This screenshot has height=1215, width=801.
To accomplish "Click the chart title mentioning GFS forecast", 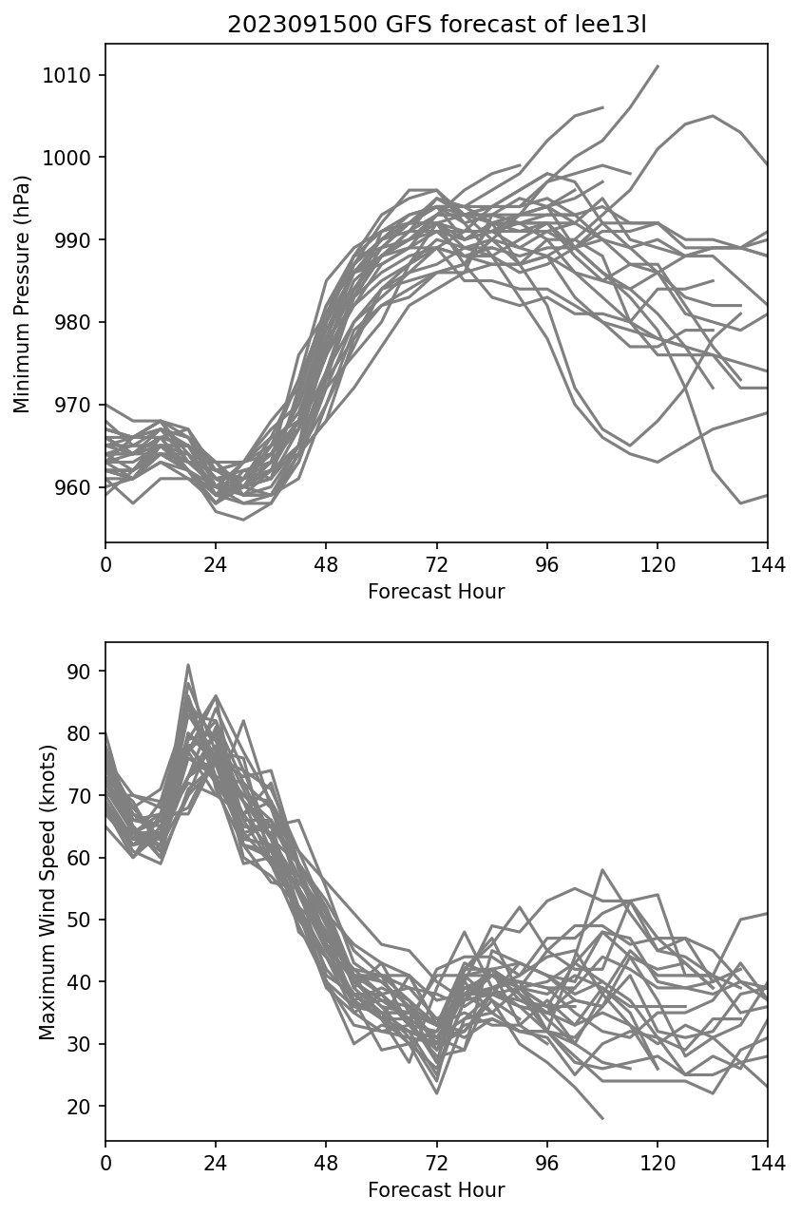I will (436, 25).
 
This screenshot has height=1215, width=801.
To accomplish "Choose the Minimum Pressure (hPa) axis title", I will (22, 294).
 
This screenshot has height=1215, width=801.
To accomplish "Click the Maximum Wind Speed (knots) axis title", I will (47, 892).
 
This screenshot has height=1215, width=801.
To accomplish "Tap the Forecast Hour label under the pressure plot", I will (436, 592).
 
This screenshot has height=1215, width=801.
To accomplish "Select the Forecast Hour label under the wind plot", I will (436, 1190).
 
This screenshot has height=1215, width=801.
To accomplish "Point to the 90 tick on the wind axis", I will (83, 672).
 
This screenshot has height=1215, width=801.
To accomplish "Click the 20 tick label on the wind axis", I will (83, 1107).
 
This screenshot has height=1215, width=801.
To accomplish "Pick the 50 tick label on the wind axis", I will (83, 921).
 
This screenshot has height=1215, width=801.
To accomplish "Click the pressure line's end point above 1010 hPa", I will (658, 66).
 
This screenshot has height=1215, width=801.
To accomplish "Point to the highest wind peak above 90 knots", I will (188, 665).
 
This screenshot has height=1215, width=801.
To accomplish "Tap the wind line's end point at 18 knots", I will (602, 1118).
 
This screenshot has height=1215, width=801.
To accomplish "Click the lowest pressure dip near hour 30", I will (243, 520).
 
